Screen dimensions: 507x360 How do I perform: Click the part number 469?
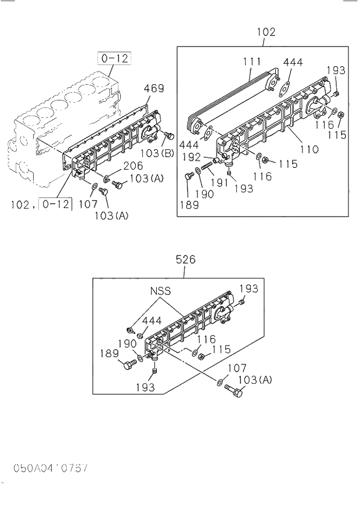pos(154,89)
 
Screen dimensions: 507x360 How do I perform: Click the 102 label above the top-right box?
pos(265,33)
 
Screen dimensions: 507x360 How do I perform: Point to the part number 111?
pos(251,62)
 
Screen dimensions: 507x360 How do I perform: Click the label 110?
pos(309,149)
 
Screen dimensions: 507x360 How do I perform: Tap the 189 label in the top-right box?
pos(189,204)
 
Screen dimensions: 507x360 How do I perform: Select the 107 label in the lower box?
pos(237,368)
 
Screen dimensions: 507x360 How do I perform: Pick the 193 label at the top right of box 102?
pos(336,70)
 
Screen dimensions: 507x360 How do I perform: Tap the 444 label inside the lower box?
pos(152,321)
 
